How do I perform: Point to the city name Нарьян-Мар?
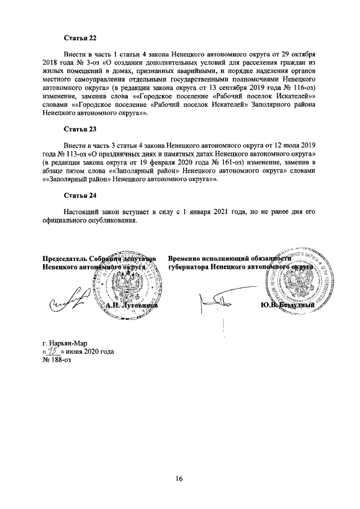pyautogui.click(x=65, y=343)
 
